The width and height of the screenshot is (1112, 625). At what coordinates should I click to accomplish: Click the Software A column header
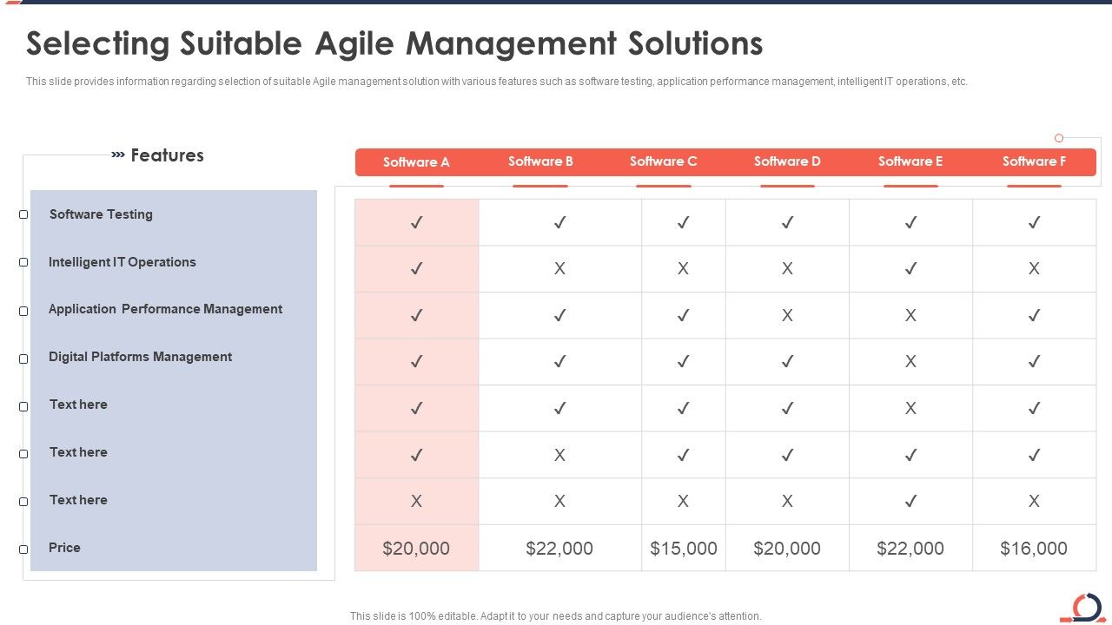point(416,162)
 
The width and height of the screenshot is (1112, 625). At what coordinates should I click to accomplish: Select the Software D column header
point(787,161)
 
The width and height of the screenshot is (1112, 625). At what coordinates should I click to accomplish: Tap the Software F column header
point(1034,161)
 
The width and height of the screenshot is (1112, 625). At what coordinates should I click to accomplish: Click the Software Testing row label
point(101,214)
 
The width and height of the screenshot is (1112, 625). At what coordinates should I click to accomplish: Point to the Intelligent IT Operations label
point(122,262)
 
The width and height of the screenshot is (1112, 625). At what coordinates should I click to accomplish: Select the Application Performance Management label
point(165,309)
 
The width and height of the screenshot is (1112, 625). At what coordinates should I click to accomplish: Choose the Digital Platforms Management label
point(140,357)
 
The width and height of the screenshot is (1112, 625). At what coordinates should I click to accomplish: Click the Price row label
point(64,548)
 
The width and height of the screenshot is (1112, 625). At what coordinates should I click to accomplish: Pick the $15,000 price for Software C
point(684,549)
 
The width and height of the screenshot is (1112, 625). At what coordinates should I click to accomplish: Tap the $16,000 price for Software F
point(1034,549)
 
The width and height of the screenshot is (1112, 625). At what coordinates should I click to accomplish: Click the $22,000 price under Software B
point(559,549)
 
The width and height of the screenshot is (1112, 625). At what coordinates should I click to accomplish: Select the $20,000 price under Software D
point(787,549)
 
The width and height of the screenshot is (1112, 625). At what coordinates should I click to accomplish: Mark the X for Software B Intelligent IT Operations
point(559,269)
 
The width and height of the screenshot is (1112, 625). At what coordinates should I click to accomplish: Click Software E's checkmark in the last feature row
point(910,501)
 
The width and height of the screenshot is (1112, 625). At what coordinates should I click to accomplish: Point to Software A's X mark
point(416,501)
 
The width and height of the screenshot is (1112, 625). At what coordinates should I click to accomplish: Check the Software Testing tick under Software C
point(684,223)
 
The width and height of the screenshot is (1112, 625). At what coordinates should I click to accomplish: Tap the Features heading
point(167,155)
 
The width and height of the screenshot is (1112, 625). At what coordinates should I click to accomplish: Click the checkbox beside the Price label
point(23,549)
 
